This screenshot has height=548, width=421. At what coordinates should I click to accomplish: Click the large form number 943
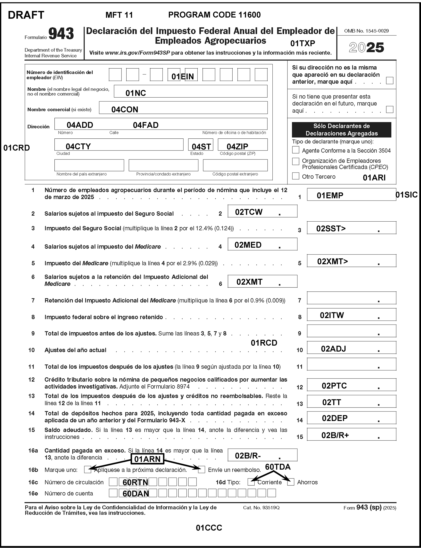point(61,34)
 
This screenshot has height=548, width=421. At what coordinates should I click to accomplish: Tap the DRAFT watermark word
point(26,15)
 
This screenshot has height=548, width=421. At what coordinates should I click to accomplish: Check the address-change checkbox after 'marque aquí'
point(390,80)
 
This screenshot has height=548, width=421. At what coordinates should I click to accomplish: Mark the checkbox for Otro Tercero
point(296,176)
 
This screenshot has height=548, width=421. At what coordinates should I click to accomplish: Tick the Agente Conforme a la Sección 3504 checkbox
point(296,150)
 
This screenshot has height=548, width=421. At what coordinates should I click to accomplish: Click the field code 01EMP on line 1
point(330,195)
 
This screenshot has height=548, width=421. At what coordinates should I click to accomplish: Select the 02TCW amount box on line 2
point(262,211)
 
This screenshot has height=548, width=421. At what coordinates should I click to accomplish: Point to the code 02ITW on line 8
point(332,315)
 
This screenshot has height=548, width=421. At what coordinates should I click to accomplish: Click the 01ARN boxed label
point(147,459)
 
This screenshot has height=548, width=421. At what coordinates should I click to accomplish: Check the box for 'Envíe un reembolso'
point(202,469)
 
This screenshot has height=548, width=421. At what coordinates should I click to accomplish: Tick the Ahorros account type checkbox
point(291,482)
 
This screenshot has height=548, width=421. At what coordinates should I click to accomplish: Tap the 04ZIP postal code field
point(242,145)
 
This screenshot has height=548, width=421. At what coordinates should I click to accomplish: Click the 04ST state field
point(201,145)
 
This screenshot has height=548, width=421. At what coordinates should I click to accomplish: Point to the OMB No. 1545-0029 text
point(366,31)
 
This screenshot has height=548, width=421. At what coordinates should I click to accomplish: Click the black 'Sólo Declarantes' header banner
point(341,130)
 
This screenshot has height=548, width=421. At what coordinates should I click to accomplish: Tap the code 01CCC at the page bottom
point(209,528)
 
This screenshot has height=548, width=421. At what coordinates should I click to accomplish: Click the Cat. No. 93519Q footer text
point(261,508)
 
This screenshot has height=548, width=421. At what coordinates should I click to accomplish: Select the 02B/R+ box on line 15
point(351,435)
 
